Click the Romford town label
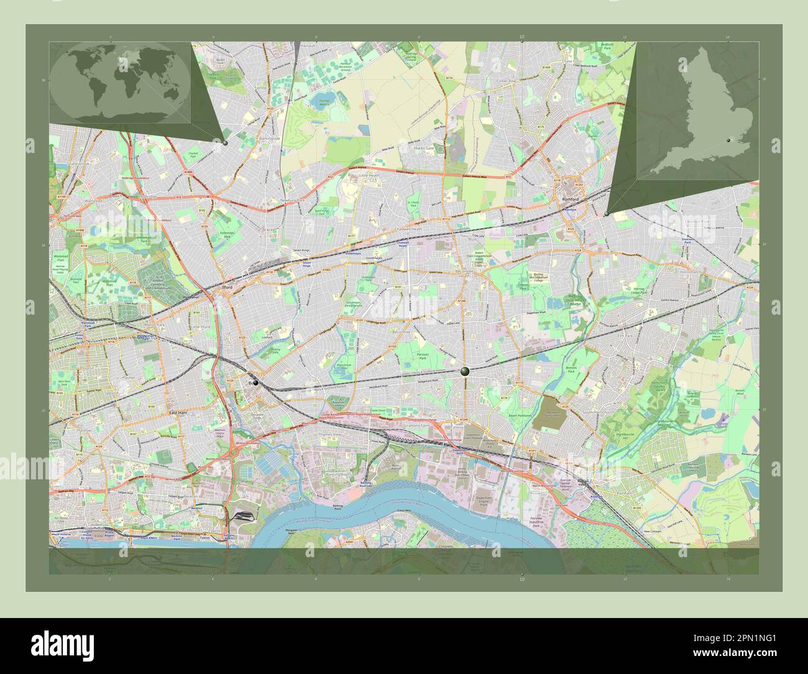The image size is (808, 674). point(570,199)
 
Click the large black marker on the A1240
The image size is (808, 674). point(465,371)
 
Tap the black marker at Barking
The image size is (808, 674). point(255,384)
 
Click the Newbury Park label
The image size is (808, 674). point(293,200)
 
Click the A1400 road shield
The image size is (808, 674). point(188,172)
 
